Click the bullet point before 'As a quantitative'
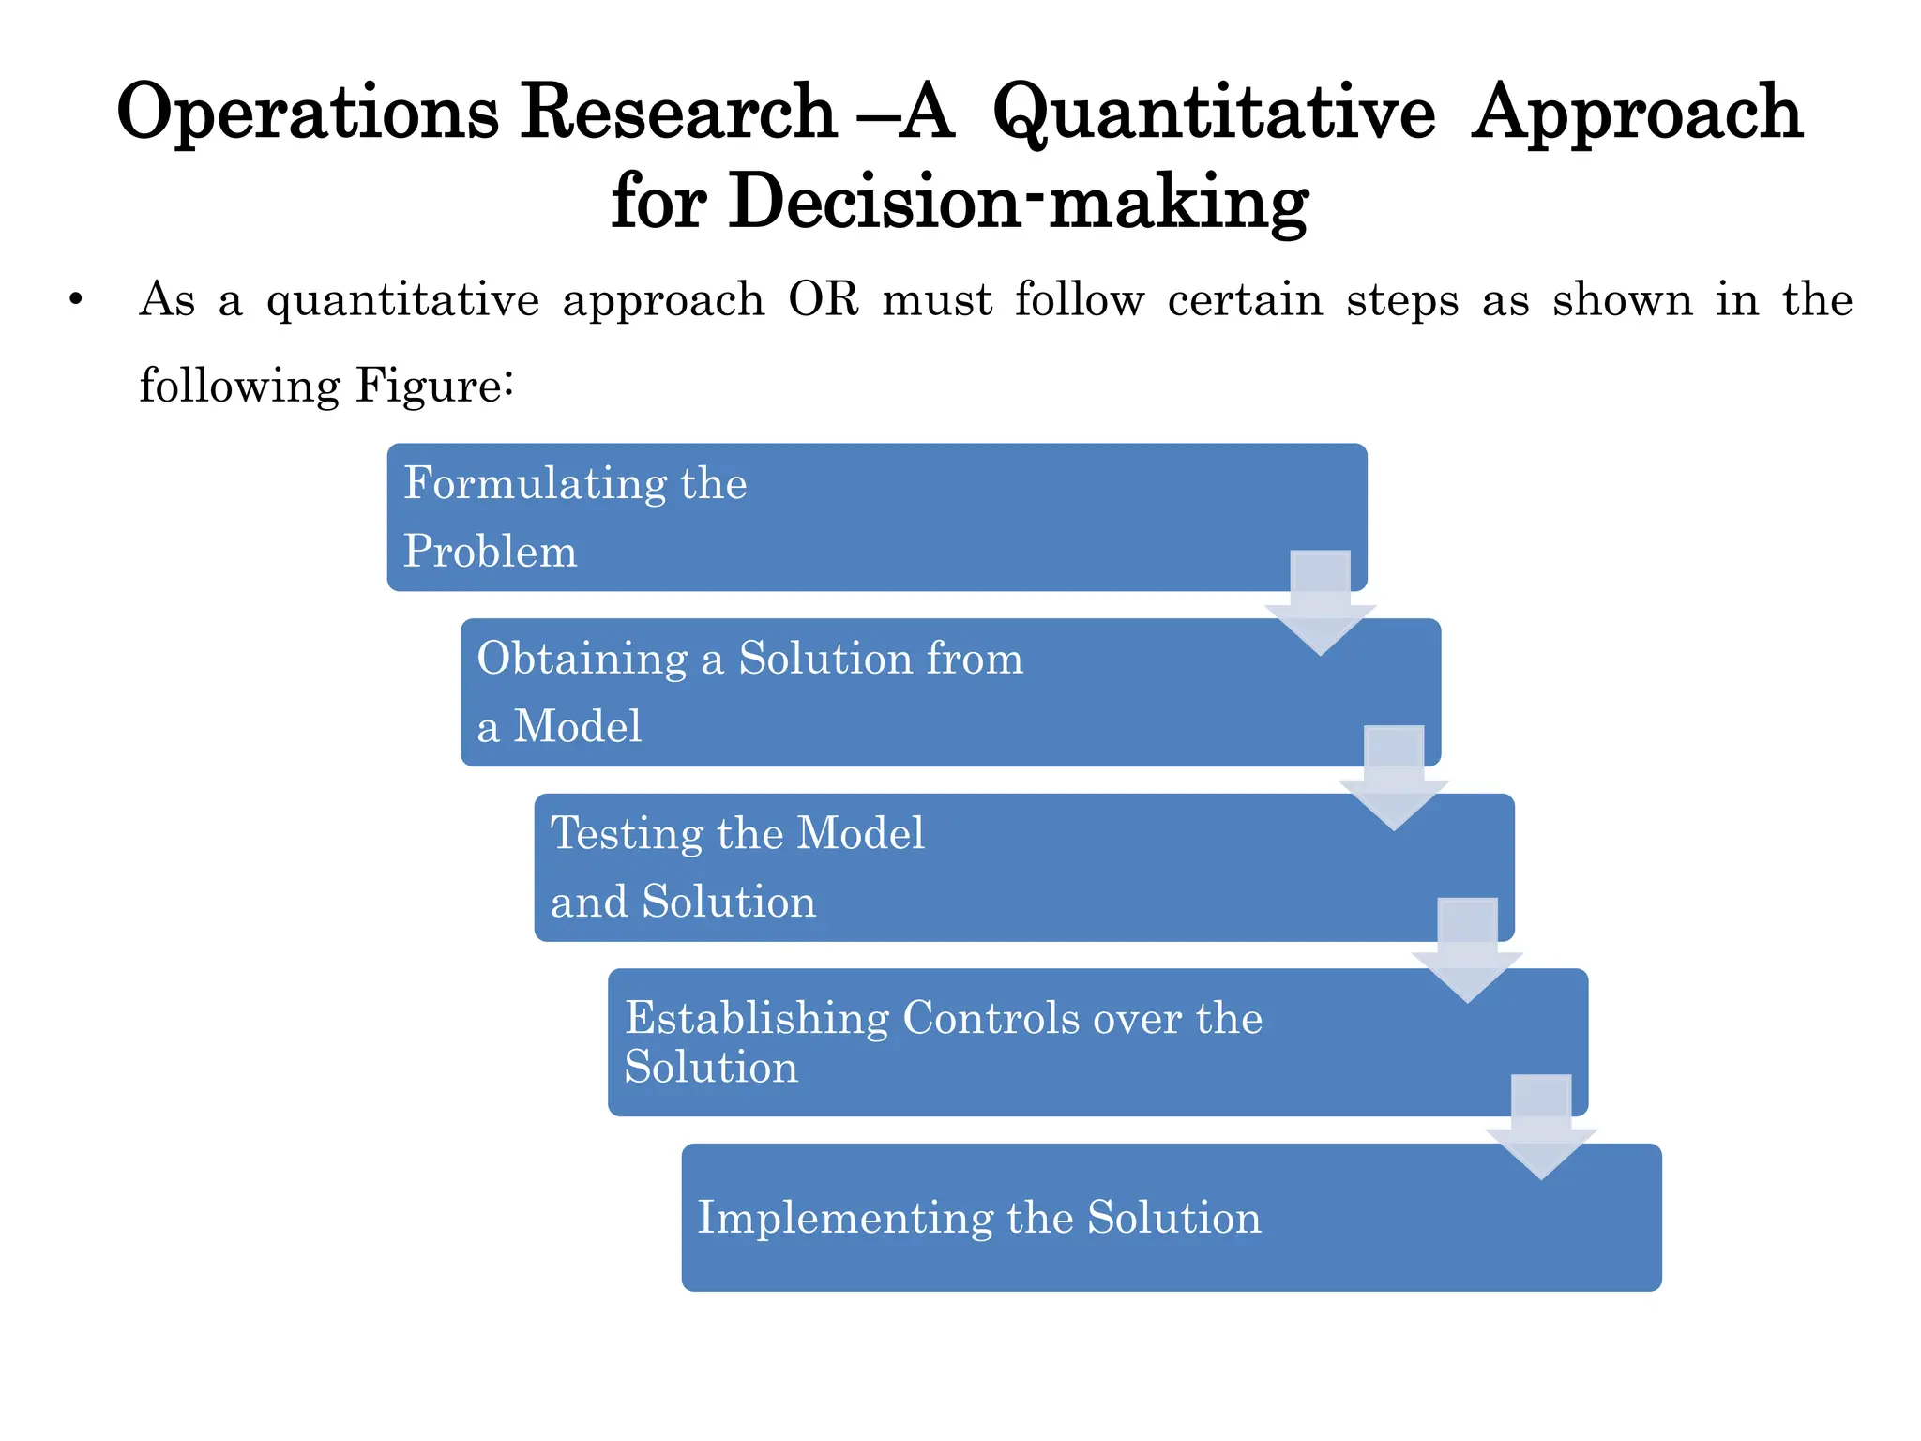[76, 301]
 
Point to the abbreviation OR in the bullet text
[824, 300]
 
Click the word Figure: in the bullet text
[434, 386]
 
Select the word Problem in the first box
[490, 552]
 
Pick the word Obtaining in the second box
[582, 660]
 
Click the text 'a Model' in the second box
[559, 727]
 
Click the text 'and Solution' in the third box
[683, 903]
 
